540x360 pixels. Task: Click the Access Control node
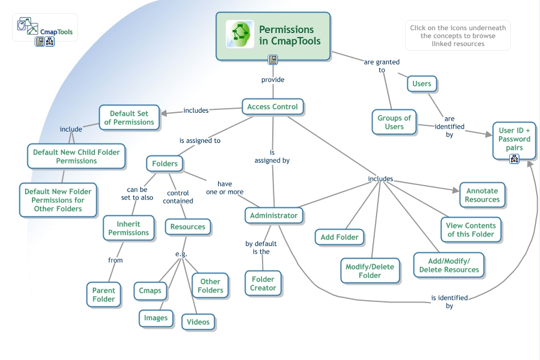click(273, 107)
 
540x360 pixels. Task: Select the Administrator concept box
click(273, 215)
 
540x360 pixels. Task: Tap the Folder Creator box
click(263, 284)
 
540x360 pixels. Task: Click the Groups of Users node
click(394, 122)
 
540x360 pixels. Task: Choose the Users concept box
click(422, 84)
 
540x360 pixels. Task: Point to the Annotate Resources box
click(482, 195)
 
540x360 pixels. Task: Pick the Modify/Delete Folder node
click(370, 271)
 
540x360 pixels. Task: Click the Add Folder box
click(339, 237)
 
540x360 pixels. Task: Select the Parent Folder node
click(104, 294)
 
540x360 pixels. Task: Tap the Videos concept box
click(198, 322)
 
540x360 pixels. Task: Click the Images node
click(156, 318)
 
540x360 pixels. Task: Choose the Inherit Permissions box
click(129, 228)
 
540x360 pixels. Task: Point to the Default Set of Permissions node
click(129, 118)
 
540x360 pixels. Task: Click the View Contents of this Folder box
click(471, 230)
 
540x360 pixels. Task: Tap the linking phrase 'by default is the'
click(261, 247)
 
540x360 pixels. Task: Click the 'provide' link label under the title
click(273, 80)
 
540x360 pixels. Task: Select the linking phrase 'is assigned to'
click(200, 141)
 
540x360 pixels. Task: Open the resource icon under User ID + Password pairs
click(514, 159)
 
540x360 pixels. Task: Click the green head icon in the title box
click(240, 34)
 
